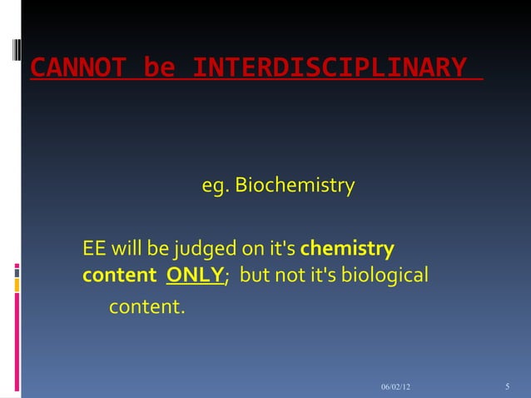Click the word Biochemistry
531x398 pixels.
pos(295,184)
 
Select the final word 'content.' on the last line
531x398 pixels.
pos(146,307)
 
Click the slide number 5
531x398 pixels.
pos(507,388)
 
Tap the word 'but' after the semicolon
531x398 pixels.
pos(256,274)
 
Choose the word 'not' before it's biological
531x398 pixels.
pos(291,274)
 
